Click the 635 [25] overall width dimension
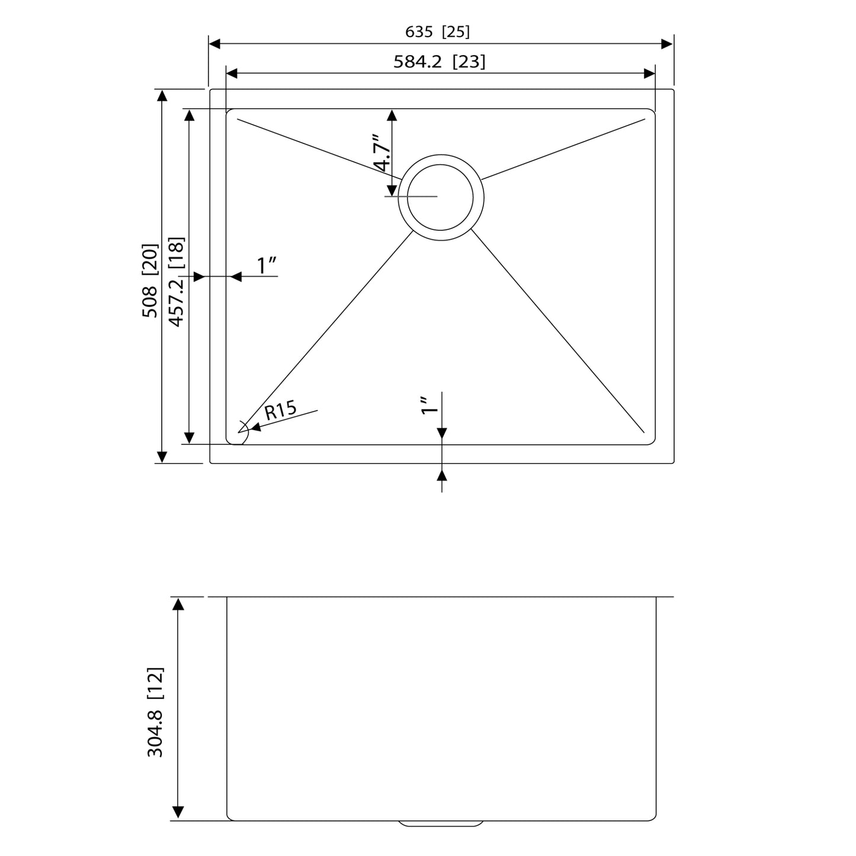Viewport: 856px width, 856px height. (x=437, y=32)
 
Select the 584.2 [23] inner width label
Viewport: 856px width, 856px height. (x=439, y=62)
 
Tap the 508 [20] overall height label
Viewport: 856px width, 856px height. (x=150, y=280)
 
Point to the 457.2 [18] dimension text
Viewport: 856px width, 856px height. (x=177, y=281)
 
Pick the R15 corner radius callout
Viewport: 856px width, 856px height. (x=280, y=410)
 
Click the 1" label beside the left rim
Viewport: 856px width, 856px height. (x=267, y=266)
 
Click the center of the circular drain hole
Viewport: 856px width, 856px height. (x=441, y=197)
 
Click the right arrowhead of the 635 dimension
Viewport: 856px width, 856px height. (x=667, y=44)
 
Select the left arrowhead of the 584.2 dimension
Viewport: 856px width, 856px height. (x=232, y=73)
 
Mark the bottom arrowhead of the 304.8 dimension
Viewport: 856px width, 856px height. (x=178, y=813)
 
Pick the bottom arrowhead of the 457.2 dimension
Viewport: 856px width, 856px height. (x=189, y=438)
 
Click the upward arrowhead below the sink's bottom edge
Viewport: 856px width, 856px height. (x=442, y=475)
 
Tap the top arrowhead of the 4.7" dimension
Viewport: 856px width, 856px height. (x=391, y=116)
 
